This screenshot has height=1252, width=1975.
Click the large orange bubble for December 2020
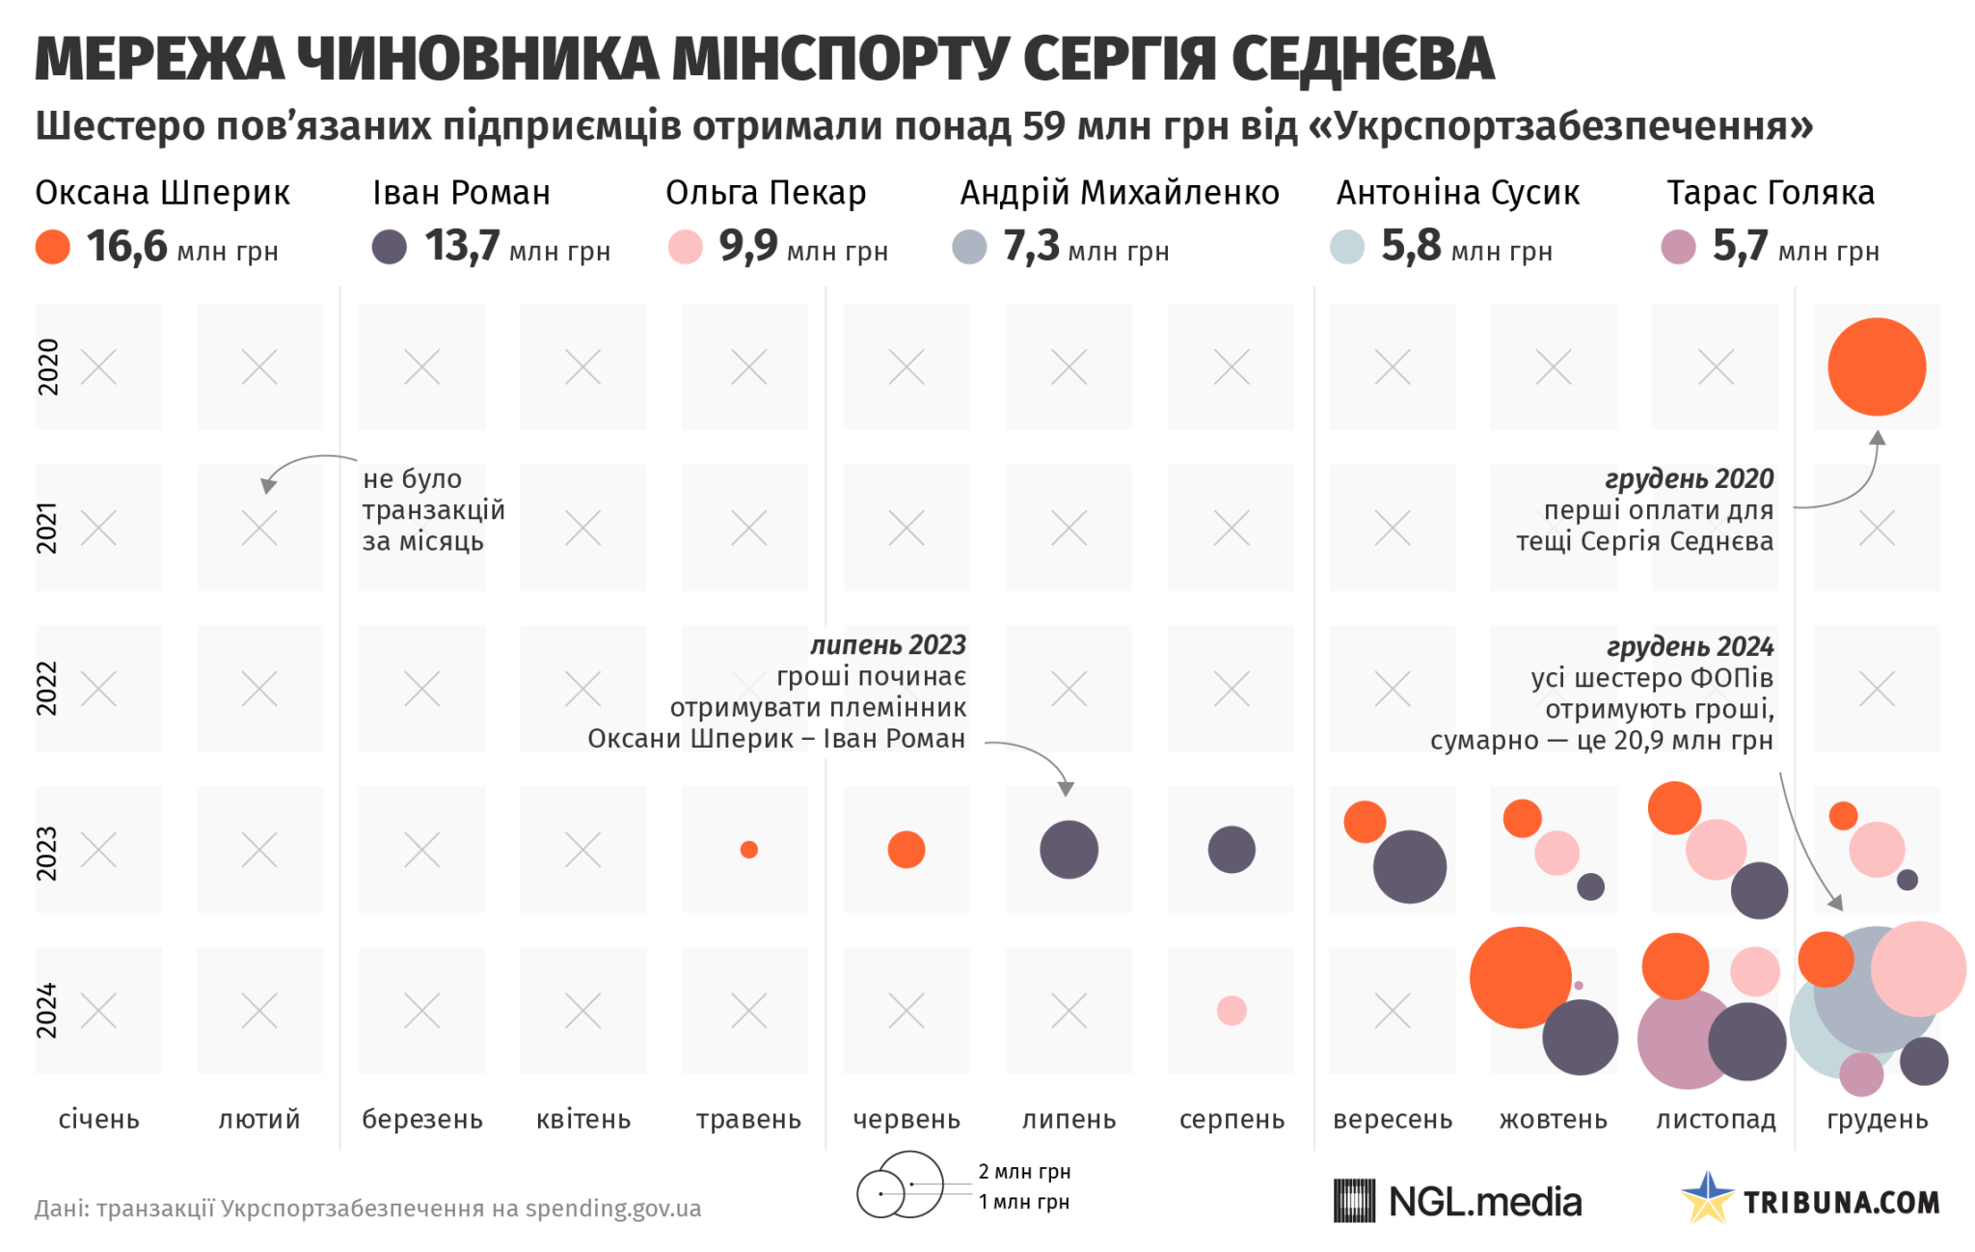[x=1876, y=367]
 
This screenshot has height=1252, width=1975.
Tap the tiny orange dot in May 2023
[x=748, y=850]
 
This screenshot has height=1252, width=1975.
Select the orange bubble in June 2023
[x=906, y=850]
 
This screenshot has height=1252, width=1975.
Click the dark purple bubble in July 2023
[x=1069, y=850]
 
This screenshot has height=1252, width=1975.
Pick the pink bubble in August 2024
[x=1231, y=1011]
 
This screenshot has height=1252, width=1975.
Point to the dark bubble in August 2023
[x=1231, y=850]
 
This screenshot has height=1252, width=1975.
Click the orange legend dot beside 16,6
[x=53, y=247]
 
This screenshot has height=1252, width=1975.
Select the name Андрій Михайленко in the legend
[x=1119, y=193]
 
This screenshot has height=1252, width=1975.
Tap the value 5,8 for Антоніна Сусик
[x=1411, y=246]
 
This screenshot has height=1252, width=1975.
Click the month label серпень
[x=1231, y=1120]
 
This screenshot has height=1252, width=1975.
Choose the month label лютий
[x=259, y=1120]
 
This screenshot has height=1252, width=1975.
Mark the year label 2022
[x=47, y=689]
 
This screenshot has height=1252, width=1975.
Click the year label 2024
[x=47, y=1011]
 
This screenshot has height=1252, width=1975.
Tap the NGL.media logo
[x=1457, y=1202]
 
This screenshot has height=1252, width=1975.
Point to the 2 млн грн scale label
[x=1024, y=1171]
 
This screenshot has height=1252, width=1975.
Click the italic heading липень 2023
[x=887, y=644]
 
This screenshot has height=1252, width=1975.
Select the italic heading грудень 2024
[x=1690, y=646]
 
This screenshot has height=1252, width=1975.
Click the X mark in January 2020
[x=98, y=367]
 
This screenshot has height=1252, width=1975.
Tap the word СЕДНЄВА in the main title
[x=1362, y=60]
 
